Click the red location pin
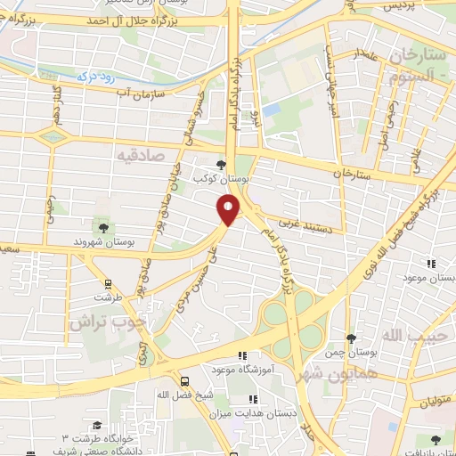229,210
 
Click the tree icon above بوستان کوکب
222,163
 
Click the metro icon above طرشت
108,285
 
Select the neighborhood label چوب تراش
102,325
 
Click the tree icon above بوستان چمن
351,338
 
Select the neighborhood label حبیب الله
411,334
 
